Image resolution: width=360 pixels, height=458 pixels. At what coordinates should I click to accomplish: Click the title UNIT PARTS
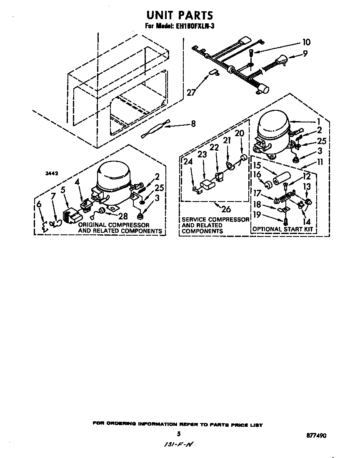click(x=180, y=15)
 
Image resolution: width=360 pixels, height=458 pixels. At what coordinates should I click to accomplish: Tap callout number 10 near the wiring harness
click(x=306, y=42)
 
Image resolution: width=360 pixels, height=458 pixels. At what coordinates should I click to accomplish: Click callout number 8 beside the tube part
click(x=193, y=124)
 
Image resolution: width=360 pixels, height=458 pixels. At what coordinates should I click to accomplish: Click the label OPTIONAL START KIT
click(x=282, y=229)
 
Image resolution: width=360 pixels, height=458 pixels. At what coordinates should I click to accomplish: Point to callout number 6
click(x=39, y=204)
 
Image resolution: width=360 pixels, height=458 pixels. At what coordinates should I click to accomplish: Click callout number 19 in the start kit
click(x=257, y=214)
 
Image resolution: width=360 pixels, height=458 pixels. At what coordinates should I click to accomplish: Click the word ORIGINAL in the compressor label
click(x=92, y=225)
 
